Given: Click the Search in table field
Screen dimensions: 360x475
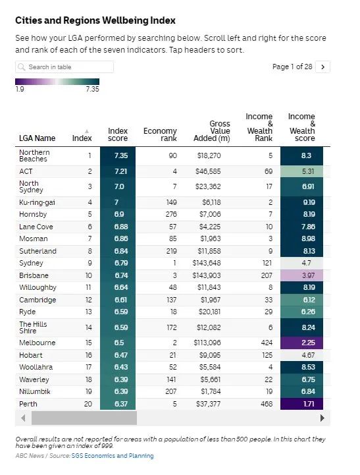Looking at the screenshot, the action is tap(64, 67).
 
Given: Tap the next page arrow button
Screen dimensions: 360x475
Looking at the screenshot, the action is tap(322, 67).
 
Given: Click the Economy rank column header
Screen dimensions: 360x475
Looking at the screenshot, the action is tap(160, 134).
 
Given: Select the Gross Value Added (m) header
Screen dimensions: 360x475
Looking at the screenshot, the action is tap(212, 131).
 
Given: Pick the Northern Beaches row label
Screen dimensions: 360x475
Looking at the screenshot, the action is tap(34, 155).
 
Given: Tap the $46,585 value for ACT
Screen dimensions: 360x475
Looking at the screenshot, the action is tap(208, 171).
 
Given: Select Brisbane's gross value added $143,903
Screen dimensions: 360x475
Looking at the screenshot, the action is tap(207, 275).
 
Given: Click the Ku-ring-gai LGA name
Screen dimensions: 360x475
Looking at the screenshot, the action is tap(37, 202).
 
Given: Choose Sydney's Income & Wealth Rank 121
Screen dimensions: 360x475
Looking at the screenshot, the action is tap(267, 263).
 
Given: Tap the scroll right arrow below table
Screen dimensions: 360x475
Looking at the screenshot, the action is tap(322, 418).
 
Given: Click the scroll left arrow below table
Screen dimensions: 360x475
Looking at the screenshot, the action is tap(23, 418).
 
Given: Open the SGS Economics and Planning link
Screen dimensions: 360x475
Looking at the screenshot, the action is tap(113, 456).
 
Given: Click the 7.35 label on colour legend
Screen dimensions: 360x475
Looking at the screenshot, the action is tap(92, 89).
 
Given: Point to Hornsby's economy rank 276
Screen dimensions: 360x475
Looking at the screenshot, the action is tap(171, 214).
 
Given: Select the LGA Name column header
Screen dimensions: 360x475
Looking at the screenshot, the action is tap(38, 138).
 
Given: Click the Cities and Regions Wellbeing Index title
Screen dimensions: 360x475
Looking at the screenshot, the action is tap(95, 20).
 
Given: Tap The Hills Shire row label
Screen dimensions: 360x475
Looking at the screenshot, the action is tap(33, 327).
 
